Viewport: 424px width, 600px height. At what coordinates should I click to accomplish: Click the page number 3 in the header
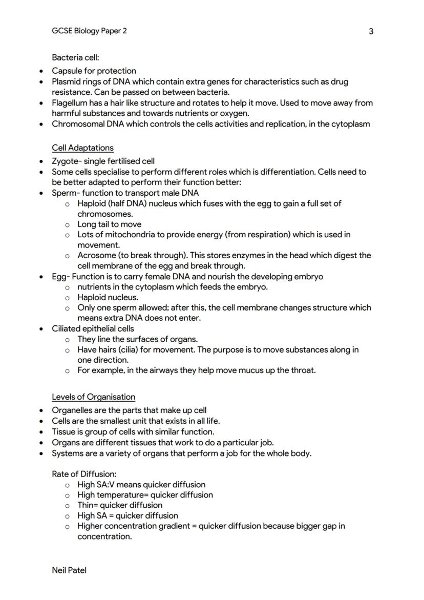click(x=371, y=31)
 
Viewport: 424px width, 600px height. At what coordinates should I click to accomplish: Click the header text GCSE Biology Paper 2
click(x=89, y=31)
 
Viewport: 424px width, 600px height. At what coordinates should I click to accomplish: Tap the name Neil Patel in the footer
click(x=69, y=570)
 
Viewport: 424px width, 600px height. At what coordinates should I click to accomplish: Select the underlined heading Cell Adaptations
click(x=82, y=148)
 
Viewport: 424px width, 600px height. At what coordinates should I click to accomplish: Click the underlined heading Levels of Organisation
click(x=93, y=397)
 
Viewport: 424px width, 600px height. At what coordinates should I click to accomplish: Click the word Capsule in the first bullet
click(x=66, y=71)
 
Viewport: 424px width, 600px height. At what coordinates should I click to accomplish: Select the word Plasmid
click(x=66, y=81)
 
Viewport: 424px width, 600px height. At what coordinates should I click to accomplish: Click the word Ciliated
click(x=67, y=328)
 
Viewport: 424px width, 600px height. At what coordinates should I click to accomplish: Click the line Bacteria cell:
click(x=75, y=57)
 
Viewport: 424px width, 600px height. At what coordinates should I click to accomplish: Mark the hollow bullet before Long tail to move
click(x=67, y=224)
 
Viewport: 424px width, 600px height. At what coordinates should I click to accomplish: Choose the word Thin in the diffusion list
click(x=86, y=505)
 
